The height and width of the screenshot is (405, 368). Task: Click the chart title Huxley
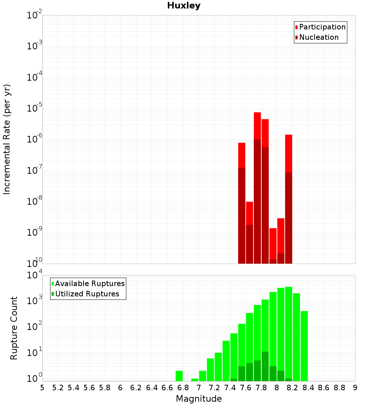point(184,6)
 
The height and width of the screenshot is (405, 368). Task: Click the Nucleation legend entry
point(318,37)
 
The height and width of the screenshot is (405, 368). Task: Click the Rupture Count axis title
point(14,328)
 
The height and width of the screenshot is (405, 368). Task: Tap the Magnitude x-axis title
point(199,399)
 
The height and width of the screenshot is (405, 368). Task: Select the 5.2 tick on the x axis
point(58,387)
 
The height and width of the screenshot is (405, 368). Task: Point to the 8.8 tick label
point(339,387)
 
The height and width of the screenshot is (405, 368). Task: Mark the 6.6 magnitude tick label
point(167,387)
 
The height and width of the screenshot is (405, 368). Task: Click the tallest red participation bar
point(257,125)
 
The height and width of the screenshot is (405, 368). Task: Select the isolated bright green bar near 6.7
point(179,376)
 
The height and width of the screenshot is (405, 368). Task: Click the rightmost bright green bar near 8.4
point(304,346)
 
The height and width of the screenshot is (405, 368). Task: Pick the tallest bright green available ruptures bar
point(289,331)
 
